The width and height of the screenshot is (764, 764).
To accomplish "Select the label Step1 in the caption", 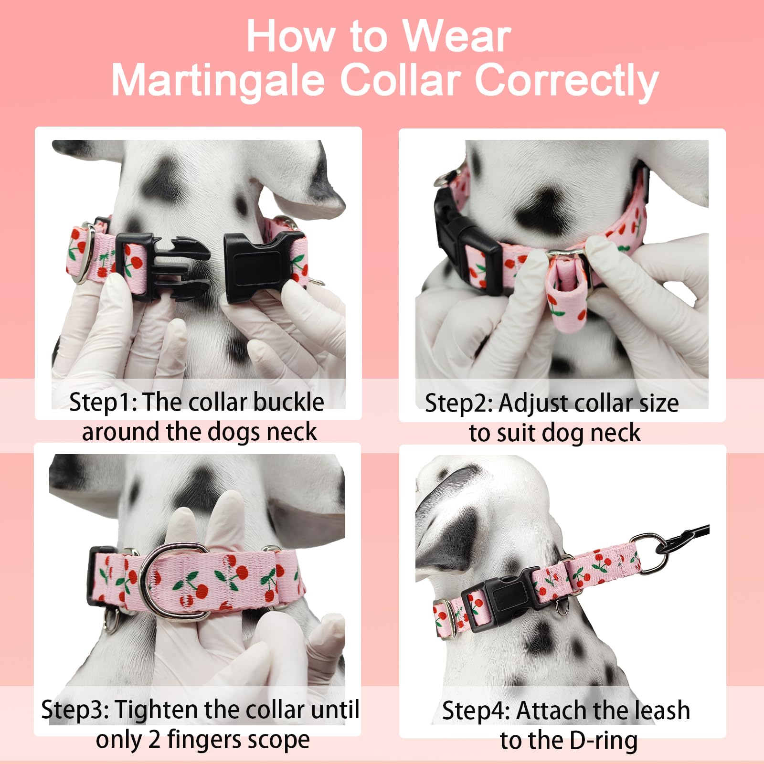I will click(103, 402).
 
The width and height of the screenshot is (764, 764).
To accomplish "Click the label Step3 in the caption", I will click(75, 710).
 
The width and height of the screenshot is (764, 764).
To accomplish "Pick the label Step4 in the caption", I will click(476, 711).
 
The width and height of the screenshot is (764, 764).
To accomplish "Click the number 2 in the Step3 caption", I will click(154, 740).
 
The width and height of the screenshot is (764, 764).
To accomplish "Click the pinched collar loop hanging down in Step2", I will click(566, 291).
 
